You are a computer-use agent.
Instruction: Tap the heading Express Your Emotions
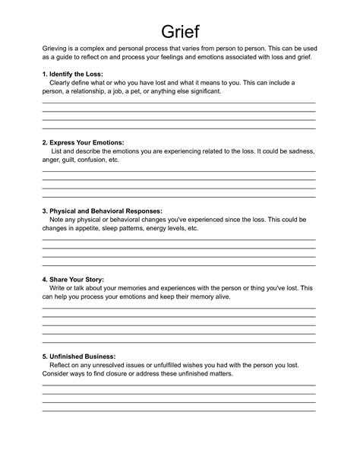pyautogui.click(x=84, y=142)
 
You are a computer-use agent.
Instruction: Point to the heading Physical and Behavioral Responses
pyautogui.click(x=102, y=211)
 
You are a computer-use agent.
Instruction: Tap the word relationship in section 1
pyautogui.click(x=106, y=91)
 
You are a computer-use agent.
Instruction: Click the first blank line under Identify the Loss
pyautogui.click(x=178, y=103)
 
